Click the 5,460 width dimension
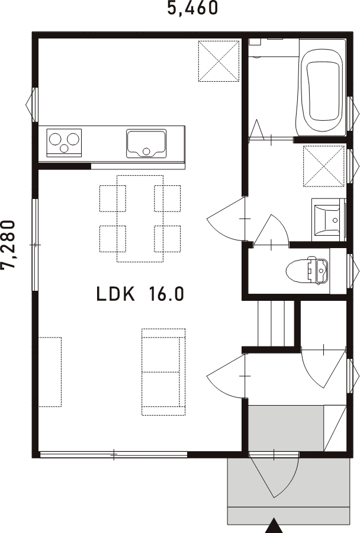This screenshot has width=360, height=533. coord(192,8)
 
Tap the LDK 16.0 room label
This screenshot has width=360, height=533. coord(140,294)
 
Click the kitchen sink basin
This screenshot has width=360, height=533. coord(146,143)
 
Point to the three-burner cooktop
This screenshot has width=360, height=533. coord(64,142)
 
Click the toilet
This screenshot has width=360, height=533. coord(307,271)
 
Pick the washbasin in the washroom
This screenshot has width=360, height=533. coord(328,220)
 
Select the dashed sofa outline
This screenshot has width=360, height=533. coord(163,372)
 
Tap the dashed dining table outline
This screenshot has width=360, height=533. coord(140,219)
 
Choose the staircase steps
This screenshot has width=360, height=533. coord(276,323)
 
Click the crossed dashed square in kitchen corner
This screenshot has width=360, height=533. coord(219,61)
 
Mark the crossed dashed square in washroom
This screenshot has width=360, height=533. coord(324,166)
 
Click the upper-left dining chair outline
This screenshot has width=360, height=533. coord(113,198)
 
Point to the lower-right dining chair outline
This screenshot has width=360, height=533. coord(167,239)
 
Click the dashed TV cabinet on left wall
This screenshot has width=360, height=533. coord(50,372)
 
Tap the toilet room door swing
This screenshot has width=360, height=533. coord(272,230)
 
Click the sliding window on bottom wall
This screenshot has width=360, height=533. coord(114,454)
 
